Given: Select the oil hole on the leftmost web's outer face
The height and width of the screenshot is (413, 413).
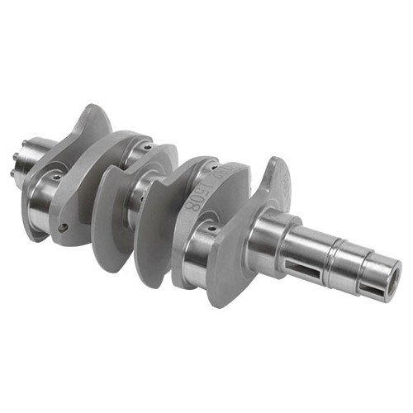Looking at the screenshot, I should point(64,227).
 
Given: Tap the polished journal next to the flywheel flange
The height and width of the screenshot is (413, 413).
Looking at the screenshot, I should point(45,194).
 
